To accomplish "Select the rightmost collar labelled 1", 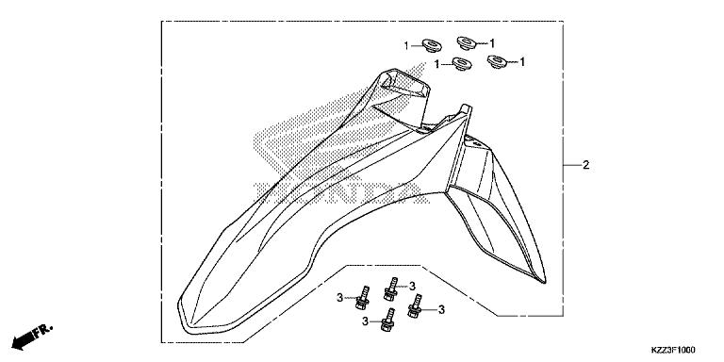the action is (x=497, y=62).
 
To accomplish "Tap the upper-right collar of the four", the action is (x=467, y=42).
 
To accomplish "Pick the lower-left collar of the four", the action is (x=461, y=64).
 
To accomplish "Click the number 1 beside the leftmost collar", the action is (x=407, y=45).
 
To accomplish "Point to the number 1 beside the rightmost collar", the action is (x=521, y=62).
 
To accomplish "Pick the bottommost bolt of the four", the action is (x=387, y=321).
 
